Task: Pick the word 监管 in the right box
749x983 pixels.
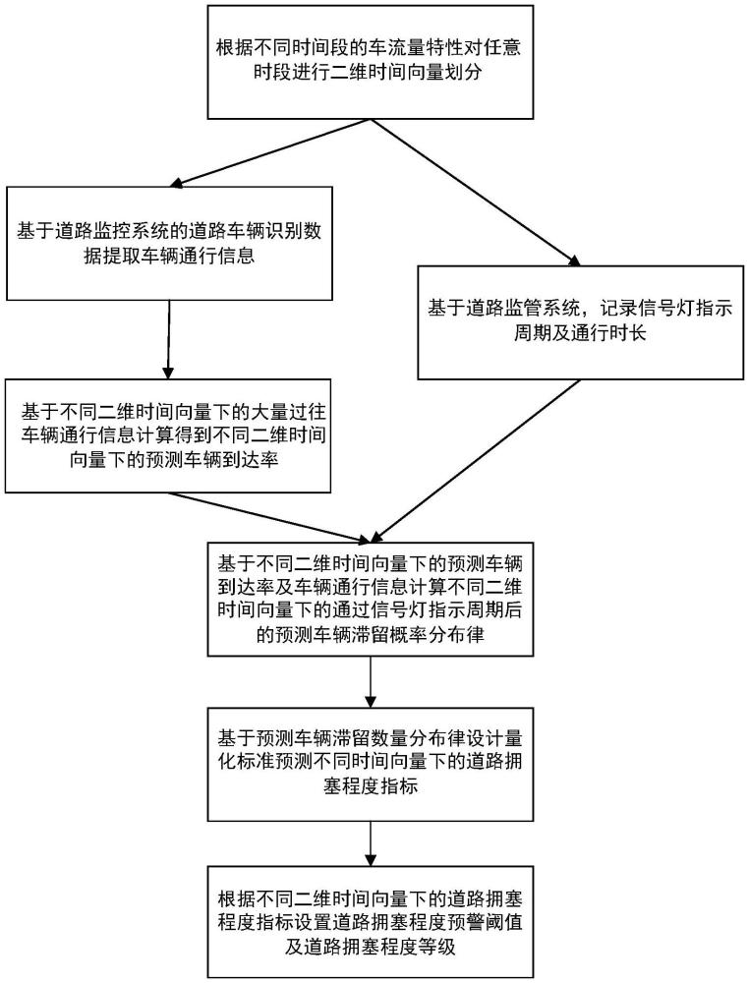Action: pyautogui.click(x=524, y=309)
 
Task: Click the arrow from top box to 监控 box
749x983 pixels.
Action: pyautogui.click(x=269, y=153)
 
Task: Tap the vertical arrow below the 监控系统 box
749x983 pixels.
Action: pyautogui.click(x=169, y=339)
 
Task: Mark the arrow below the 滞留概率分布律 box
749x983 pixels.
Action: pyautogui.click(x=371, y=682)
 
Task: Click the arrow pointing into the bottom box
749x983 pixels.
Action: pyautogui.click(x=371, y=843)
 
